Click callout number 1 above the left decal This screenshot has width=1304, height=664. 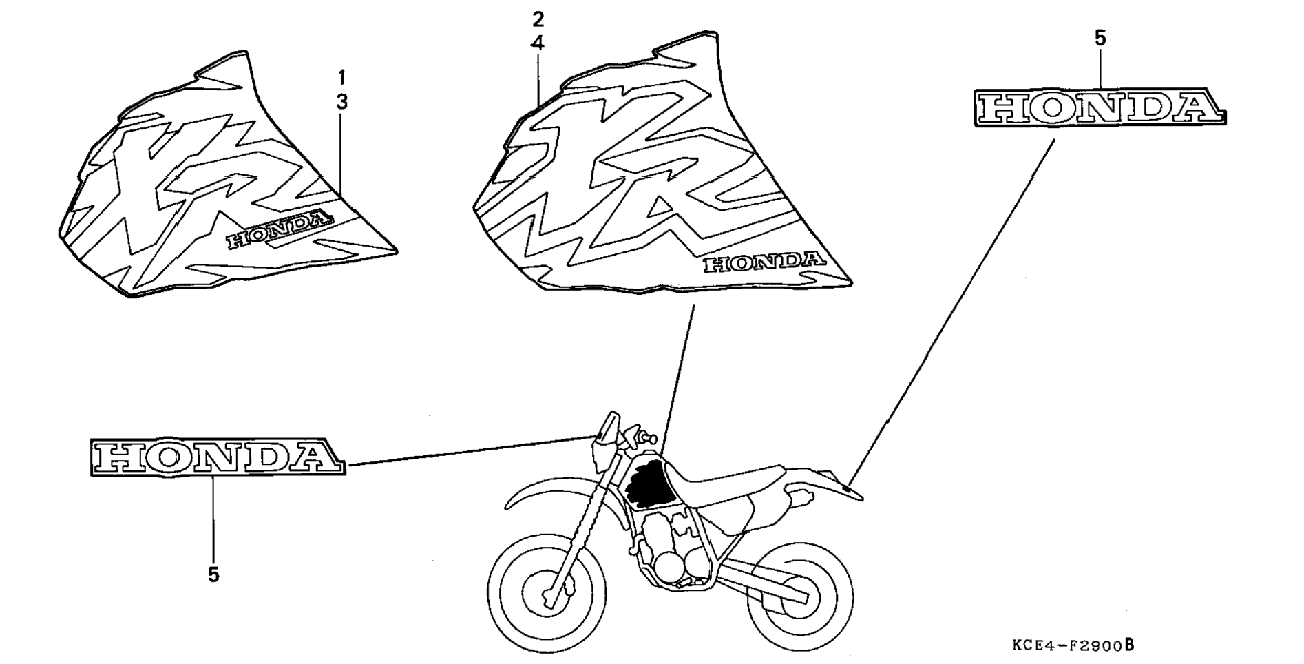point(341,76)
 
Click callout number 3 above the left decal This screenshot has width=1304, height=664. point(341,102)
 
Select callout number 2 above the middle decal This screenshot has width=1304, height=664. point(538,19)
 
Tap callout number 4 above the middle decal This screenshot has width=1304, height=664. point(538,43)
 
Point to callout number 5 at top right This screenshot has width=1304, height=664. point(1100,39)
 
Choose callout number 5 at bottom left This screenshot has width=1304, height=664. point(213,574)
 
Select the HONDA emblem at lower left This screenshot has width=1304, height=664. point(217,457)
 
